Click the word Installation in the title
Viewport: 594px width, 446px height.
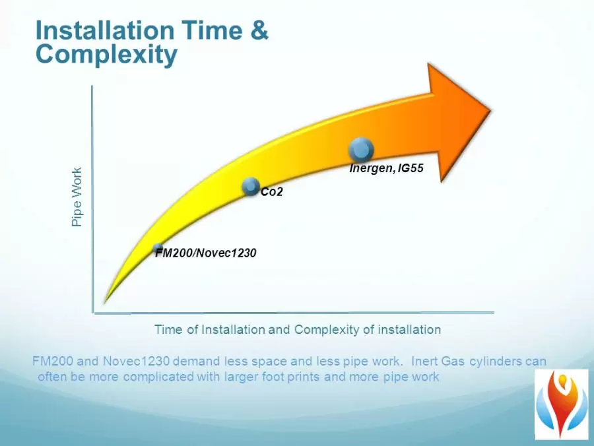[x=104, y=30]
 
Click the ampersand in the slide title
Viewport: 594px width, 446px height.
[x=259, y=30]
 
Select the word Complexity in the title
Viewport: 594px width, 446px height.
[x=106, y=55]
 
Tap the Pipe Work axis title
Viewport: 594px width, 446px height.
[x=77, y=197]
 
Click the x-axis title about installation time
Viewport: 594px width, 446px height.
[x=298, y=329]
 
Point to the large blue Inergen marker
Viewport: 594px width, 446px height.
[x=361, y=150]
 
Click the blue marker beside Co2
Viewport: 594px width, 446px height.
[x=250, y=186]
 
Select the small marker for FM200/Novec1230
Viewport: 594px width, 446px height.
[x=158, y=248]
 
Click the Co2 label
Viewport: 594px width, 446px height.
[x=272, y=192]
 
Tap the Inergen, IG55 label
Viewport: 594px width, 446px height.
[x=386, y=168]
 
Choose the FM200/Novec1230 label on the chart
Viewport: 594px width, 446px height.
[x=206, y=253]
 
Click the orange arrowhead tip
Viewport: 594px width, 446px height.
[x=491, y=111]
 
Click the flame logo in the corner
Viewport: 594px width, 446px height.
[x=562, y=404]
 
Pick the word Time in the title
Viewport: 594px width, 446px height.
[x=213, y=30]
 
